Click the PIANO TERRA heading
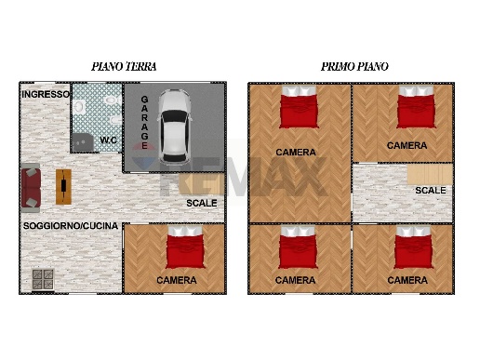124,67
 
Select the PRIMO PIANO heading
354,67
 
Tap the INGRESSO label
46,95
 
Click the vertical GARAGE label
145,121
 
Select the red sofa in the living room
32,187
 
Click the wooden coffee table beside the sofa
62,187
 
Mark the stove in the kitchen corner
43,278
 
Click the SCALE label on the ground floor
201,203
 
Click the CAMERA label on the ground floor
176,280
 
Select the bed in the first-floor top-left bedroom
298,109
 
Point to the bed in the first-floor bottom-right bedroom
410,250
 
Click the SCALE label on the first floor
430,191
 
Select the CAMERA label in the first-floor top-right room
407,146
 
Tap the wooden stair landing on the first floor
430,175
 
